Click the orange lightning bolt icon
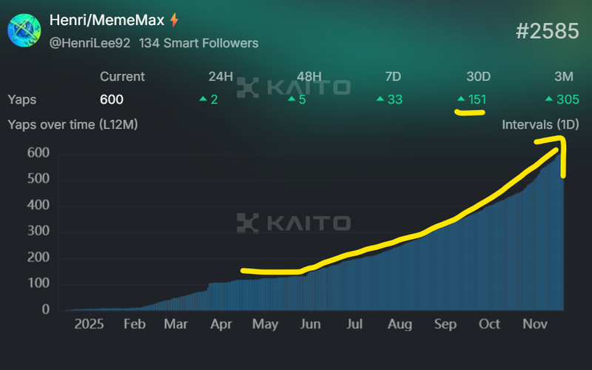[175, 20]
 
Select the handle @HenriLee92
[90, 43]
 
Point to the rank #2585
[546, 31]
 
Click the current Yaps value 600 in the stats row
[112, 99]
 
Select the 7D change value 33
[394, 99]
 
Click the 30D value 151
[477, 99]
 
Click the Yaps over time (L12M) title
[73, 124]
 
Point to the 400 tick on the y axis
[38, 205]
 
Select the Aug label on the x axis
[400, 324]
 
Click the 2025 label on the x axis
[89, 324]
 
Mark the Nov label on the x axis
[534, 324]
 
